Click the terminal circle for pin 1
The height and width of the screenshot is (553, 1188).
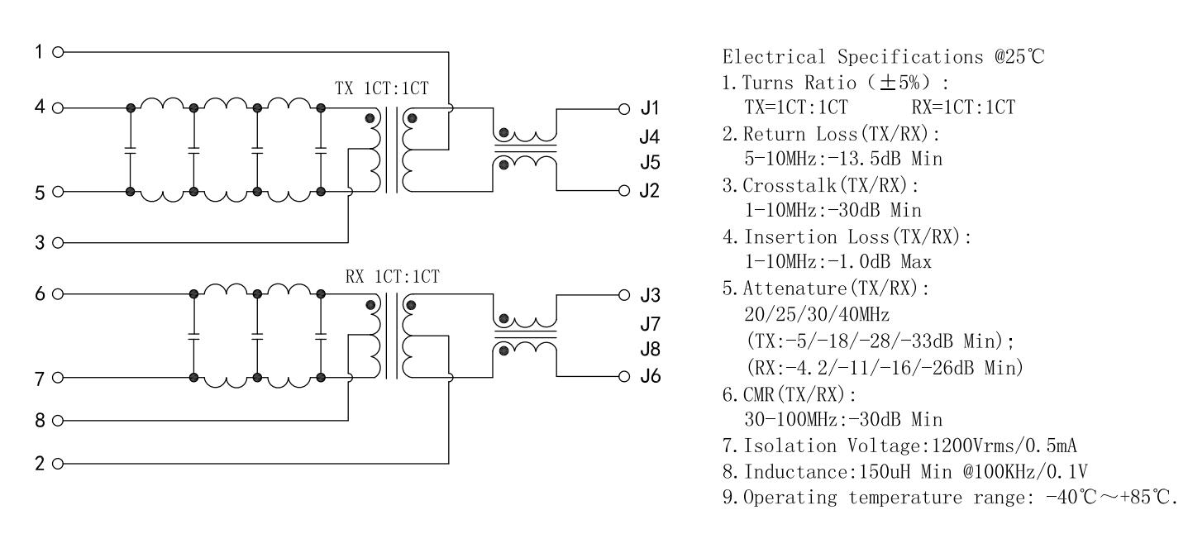click(57, 51)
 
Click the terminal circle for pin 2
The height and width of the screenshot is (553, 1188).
click(57, 463)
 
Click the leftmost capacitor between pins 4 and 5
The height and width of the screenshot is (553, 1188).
click(130, 150)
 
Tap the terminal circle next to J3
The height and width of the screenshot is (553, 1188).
click(627, 294)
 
